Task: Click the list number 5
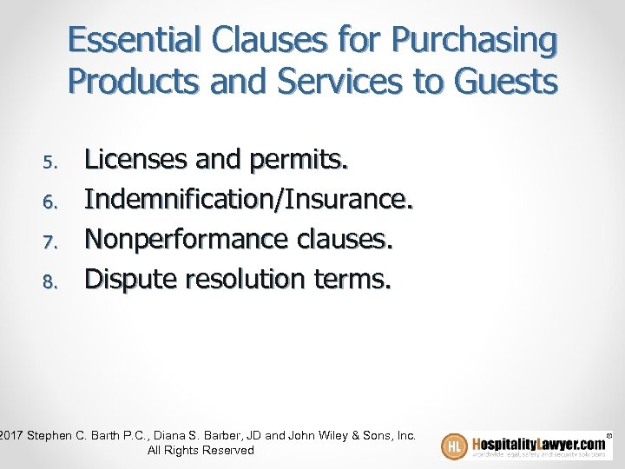49,162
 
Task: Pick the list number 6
49,201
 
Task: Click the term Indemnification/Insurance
249,199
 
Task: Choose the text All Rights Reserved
201,450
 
